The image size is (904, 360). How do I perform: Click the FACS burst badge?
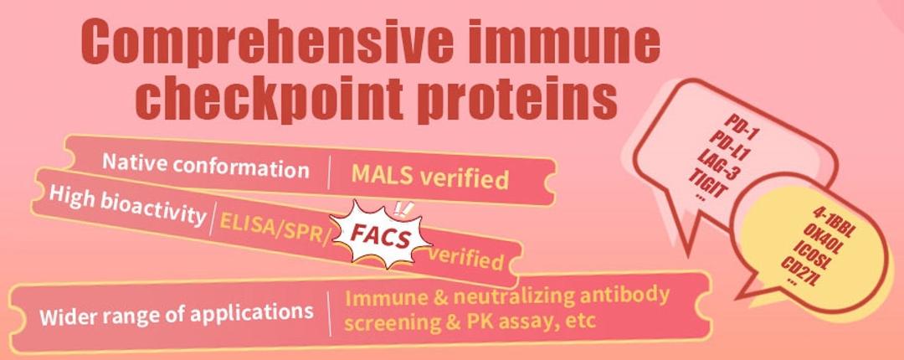(381, 237)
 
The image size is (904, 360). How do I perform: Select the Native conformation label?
(205, 165)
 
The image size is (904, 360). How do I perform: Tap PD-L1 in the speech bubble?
(725, 145)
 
